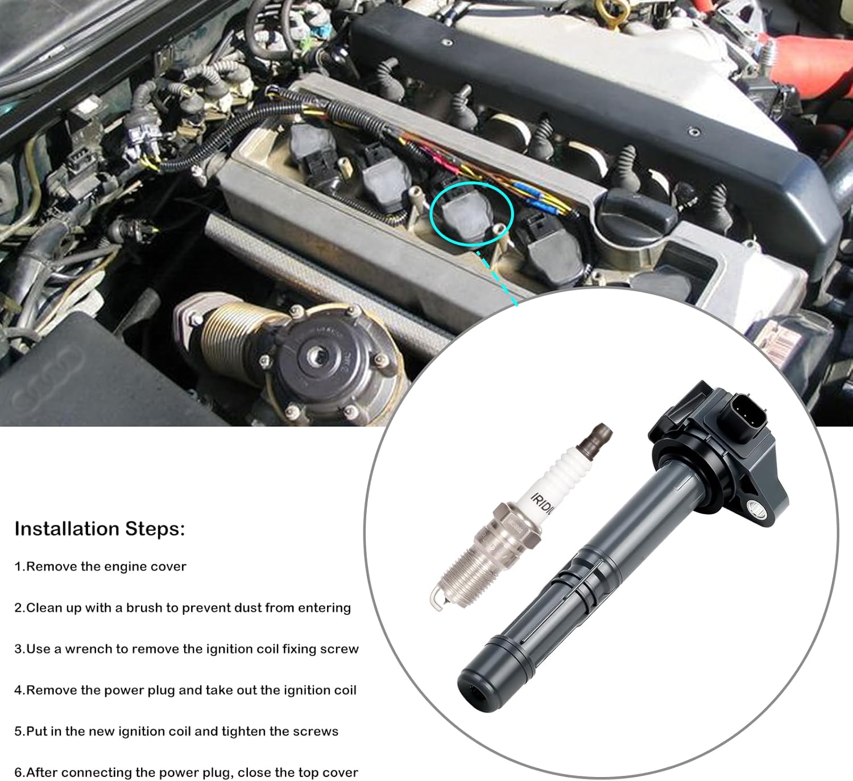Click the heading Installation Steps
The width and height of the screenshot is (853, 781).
(100, 529)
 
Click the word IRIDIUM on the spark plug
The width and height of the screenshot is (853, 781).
(542, 503)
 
